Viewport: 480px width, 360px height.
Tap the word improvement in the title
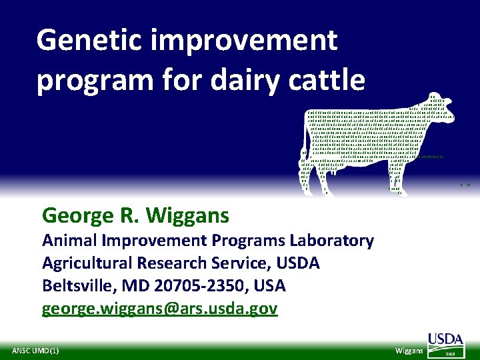point(245,41)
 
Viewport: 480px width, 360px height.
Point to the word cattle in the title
point(326,80)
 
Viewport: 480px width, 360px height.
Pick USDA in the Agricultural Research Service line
point(295,263)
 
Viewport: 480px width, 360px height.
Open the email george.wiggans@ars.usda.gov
point(160,309)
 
